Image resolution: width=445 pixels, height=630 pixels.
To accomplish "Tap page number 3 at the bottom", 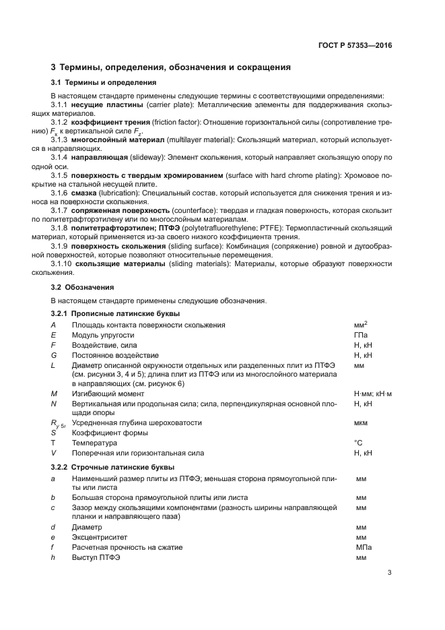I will pos(389,573).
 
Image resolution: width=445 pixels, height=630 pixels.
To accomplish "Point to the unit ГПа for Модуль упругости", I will pos(360,334).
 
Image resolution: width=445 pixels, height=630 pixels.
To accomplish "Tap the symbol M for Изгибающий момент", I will pos(54,393).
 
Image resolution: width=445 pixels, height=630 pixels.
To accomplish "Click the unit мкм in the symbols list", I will pos(361,423).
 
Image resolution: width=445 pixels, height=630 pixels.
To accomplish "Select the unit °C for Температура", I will pos(358,443).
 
